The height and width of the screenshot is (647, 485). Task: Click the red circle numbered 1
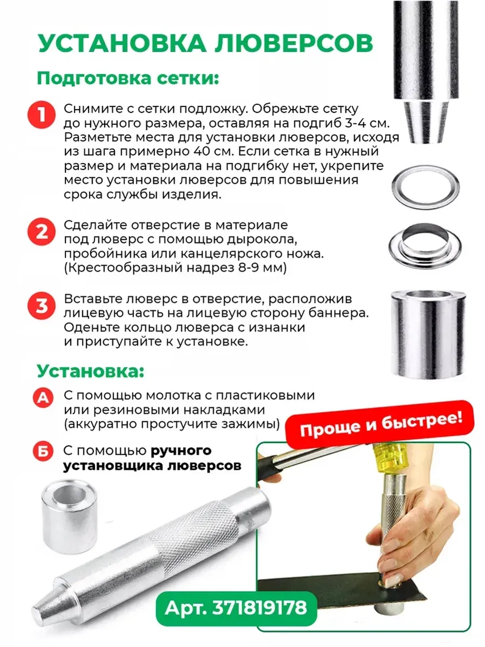[x=42, y=115]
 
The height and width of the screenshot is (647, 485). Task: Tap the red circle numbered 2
[x=42, y=232]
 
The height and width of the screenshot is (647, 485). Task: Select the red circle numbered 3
[x=42, y=306]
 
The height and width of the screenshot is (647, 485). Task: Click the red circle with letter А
[x=43, y=398]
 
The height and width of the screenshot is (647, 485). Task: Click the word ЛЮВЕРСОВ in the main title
[x=293, y=44]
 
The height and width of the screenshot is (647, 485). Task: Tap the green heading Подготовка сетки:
[x=128, y=78]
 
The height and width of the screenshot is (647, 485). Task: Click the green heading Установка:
[x=90, y=371]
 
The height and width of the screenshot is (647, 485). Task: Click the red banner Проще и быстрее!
[x=381, y=424]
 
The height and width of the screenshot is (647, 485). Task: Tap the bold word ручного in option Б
[x=181, y=450]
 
